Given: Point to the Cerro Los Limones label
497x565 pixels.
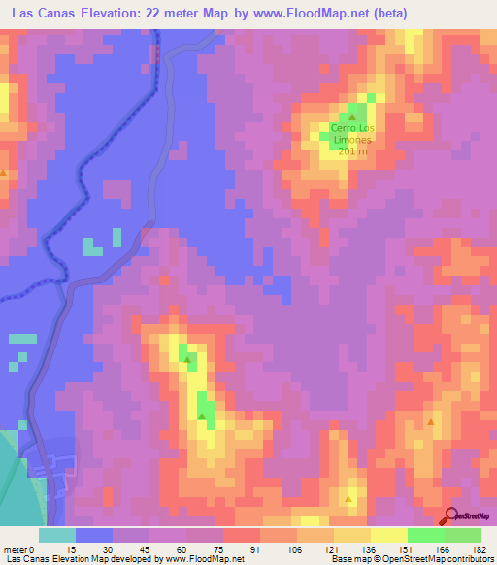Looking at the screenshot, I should (x=351, y=133).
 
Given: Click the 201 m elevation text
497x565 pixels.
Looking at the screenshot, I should (x=351, y=151).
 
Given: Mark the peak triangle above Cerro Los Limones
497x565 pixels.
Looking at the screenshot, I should (x=352, y=117).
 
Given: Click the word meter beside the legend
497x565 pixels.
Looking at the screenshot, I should (x=15, y=549).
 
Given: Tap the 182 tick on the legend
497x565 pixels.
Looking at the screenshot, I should (x=478, y=549).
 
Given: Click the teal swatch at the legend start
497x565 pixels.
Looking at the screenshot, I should (x=57, y=535).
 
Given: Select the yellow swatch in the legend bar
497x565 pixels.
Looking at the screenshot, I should (x=388, y=535).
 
